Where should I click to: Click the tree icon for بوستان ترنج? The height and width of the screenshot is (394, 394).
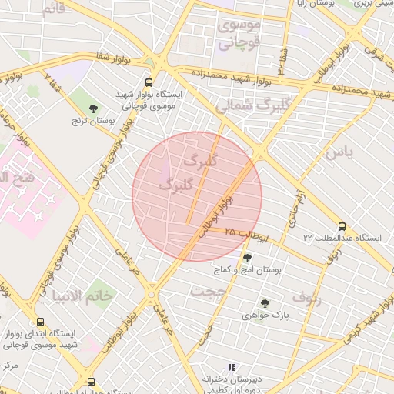93,109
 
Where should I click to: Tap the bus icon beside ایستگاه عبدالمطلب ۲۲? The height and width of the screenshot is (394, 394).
342,227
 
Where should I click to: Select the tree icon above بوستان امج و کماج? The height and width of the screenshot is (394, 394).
247,258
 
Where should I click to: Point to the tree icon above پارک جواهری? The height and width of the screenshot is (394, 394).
265,303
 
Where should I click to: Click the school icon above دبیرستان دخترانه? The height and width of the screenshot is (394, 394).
232,368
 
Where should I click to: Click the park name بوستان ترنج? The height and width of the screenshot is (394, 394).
93,121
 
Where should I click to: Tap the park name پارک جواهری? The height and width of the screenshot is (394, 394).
265,316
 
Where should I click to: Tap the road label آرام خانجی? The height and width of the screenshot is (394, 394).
296,207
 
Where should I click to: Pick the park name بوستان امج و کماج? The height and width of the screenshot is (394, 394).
247,270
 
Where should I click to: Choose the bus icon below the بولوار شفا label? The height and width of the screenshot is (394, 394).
149,82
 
